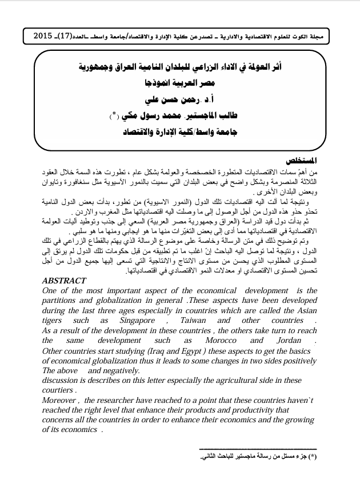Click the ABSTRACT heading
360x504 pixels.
[65, 281]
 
